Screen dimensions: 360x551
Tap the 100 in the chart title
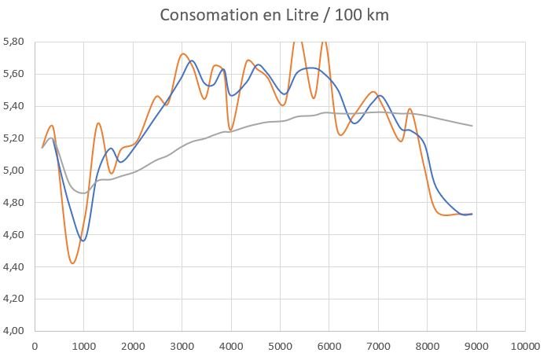tap(348, 15)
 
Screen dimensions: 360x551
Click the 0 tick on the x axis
tap(35, 345)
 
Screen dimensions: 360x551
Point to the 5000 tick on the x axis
tap(280, 345)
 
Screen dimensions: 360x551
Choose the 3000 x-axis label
tap(182, 345)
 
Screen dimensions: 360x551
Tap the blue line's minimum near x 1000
tap(83, 241)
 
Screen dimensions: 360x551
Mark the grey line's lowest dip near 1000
tap(83, 193)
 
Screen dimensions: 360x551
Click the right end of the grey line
tap(472, 126)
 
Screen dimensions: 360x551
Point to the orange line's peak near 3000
tap(182, 54)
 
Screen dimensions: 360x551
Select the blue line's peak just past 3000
tap(192, 61)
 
